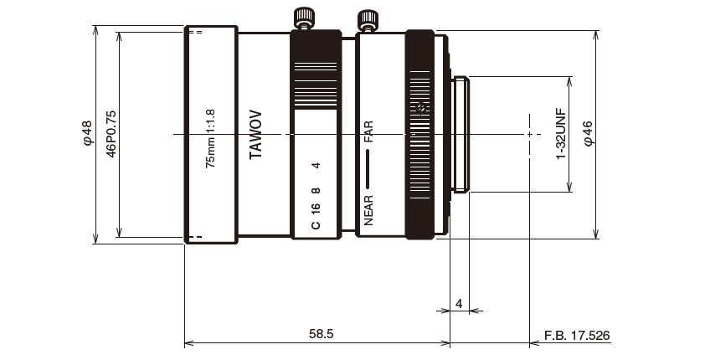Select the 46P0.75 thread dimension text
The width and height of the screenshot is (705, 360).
click(110, 134)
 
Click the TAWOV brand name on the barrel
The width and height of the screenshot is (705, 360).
click(256, 134)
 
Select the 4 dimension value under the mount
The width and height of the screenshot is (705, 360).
click(459, 301)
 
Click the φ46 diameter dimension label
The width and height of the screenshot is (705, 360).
click(588, 134)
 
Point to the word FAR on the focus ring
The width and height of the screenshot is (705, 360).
click(368, 133)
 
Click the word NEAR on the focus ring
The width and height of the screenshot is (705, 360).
click(368, 211)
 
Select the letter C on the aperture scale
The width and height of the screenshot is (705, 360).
click(316, 225)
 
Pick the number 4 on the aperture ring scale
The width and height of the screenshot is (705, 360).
click(316, 166)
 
